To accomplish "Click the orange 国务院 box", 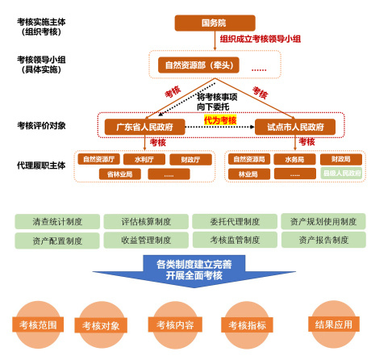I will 214,22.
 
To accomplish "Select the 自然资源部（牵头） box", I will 195,64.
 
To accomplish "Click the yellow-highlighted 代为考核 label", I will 219,120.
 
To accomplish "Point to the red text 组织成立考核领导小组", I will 260,38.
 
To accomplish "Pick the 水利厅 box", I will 144,160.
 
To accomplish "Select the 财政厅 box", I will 190,160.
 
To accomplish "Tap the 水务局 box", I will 294,160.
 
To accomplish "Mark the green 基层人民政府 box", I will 342,173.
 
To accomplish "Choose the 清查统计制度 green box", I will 56,221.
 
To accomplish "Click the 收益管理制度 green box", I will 146,240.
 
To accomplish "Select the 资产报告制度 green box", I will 323,240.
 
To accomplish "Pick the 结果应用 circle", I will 334,324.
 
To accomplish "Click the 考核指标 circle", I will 246,325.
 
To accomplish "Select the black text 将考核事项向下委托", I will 213,101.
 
